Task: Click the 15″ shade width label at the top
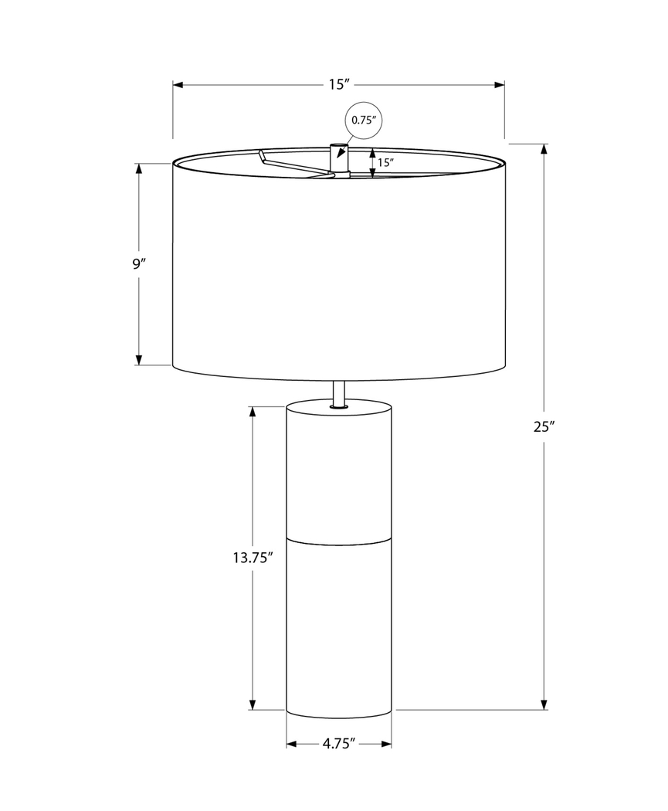point(338,84)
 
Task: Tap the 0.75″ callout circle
point(363,120)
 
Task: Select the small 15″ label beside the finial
point(386,163)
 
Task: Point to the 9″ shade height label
point(138,263)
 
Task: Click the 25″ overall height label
point(544,426)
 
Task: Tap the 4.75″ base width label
point(338,744)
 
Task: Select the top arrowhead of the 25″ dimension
point(544,149)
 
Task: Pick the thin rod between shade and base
point(338,392)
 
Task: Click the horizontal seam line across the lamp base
point(338,538)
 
